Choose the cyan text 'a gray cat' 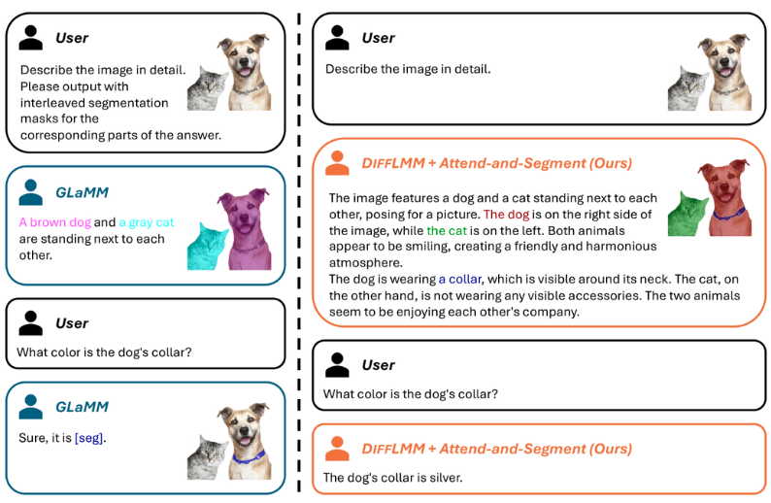[147, 222]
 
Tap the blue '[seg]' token [88, 438]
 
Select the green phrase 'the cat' [447, 231]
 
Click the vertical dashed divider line [300, 252]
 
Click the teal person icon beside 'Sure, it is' [31, 408]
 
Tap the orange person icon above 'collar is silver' [337, 449]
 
